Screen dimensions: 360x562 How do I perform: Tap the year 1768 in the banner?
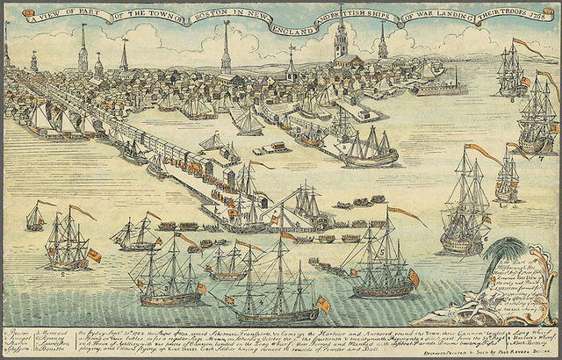(x=539, y=18)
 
